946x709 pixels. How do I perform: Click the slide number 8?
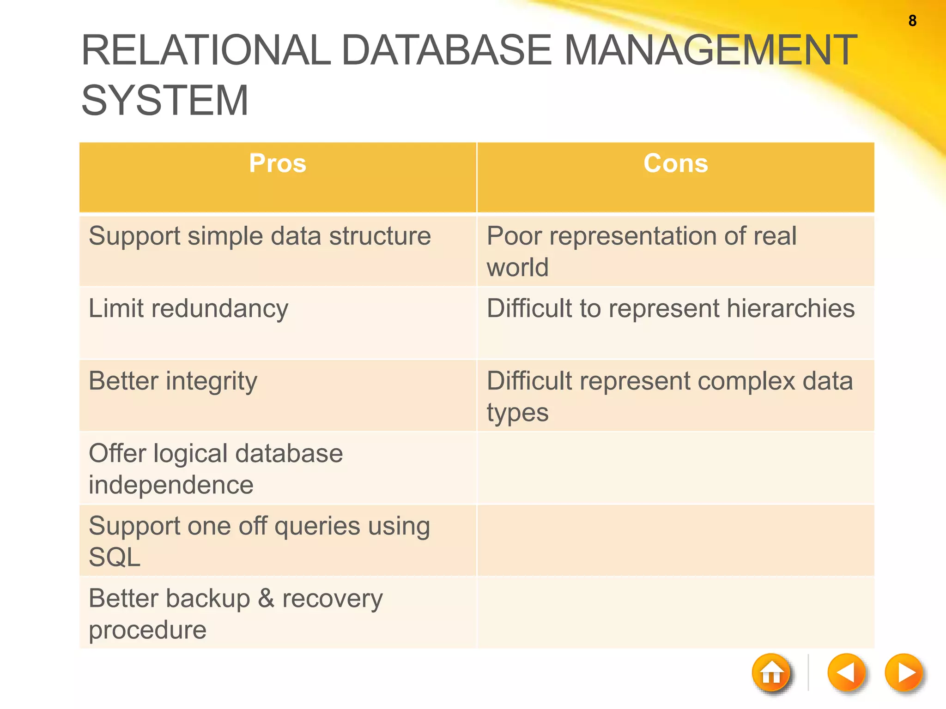click(x=912, y=21)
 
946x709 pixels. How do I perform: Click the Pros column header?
click(x=278, y=163)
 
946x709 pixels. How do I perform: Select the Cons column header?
click(x=675, y=163)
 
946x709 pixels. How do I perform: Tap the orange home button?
click(x=771, y=673)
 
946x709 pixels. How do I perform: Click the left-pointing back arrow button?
click(x=846, y=673)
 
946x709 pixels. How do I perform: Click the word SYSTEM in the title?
click(x=165, y=101)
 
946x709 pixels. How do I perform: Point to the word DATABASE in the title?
click(x=446, y=50)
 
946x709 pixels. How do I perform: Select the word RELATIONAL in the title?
click(x=206, y=50)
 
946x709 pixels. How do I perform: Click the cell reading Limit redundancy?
click(x=188, y=308)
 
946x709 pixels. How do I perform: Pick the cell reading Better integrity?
click(x=173, y=382)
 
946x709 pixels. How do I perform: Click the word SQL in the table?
click(x=115, y=557)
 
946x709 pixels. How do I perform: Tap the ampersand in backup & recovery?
click(x=266, y=598)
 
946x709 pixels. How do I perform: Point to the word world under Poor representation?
click(x=517, y=267)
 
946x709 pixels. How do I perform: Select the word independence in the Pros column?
click(x=171, y=485)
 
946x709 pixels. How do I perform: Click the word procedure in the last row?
click(x=147, y=630)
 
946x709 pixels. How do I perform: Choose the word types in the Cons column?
click(x=517, y=413)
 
